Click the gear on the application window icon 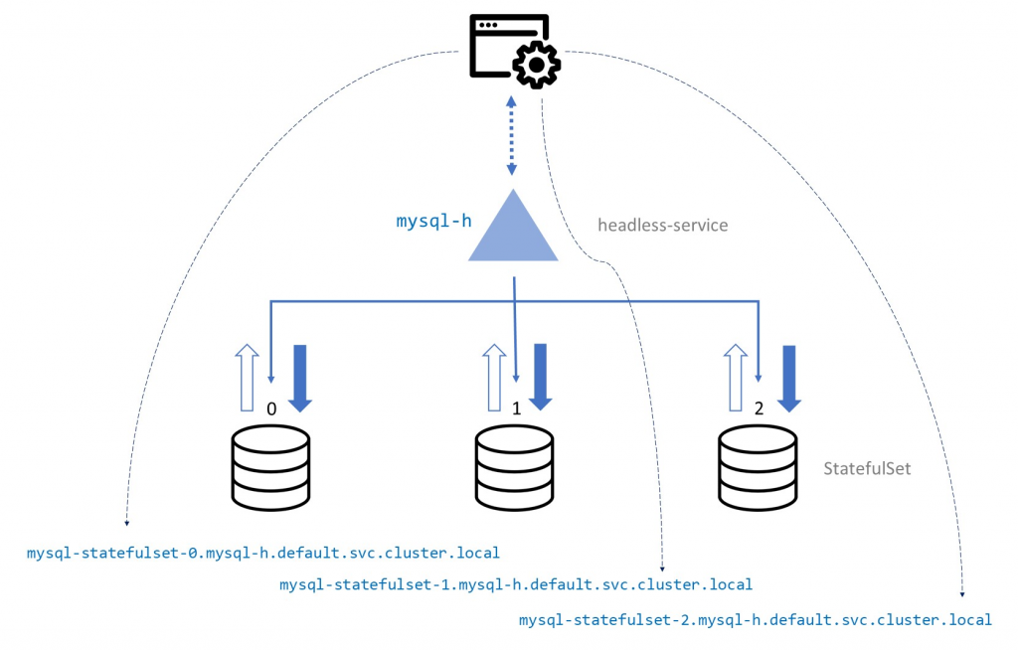(537, 65)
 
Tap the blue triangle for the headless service (513, 232)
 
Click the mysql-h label (433, 221)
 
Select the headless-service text (662, 226)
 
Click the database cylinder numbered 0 (270, 466)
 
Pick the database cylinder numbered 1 (514, 466)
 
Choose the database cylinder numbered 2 (758, 466)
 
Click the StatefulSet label (867, 468)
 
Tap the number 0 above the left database (271, 407)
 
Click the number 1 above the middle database (516, 407)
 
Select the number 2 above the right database (760, 407)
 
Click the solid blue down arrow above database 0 (301, 377)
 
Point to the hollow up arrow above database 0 (248, 378)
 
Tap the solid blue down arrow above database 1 (541, 377)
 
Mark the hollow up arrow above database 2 (735, 378)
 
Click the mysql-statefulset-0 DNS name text (262, 552)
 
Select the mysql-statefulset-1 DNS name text (516, 584)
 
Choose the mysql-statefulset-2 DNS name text (756, 619)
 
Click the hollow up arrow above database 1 (492, 378)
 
